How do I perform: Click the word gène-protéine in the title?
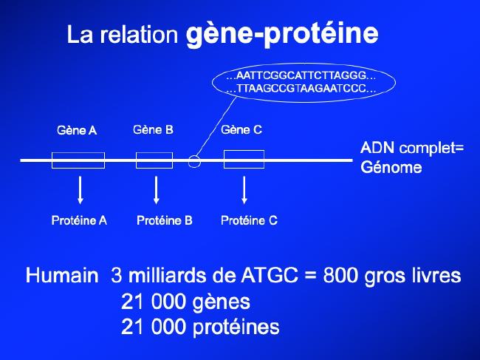click(x=282, y=33)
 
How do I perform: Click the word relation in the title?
click(x=139, y=34)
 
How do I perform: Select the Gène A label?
click(x=77, y=131)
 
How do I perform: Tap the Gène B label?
click(x=153, y=130)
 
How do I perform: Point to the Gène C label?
click(x=241, y=130)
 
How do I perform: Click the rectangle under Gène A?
click(x=78, y=152)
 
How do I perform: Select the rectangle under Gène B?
click(x=154, y=152)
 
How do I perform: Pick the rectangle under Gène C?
click(x=244, y=151)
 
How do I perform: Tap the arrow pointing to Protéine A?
click(x=80, y=190)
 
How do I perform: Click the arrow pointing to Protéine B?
click(x=156, y=190)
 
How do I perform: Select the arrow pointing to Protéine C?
click(x=244, y=190)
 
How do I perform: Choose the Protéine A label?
click(x=79, y=220)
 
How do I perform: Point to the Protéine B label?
click(x=165, y=220)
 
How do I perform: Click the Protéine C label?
click(x=249, y=220)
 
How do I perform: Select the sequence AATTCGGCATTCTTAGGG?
click(x=301, y=75)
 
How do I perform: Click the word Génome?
click(x=391, y=167)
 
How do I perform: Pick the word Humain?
click(x=62, y=275)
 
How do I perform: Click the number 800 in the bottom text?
click(x=340, y=275)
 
